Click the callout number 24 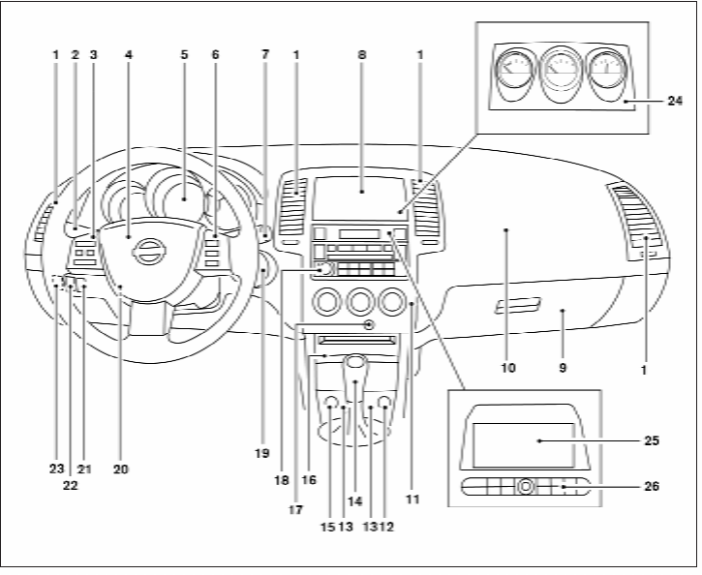click(x=675, y=101)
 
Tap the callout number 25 click(x=652, y=440)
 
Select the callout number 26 click(x=652, y=486)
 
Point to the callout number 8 click(x=362, y=54)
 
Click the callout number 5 click(x=184, y=54)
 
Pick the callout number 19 click(x=262, y=453)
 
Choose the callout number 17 click(x=295, y=510)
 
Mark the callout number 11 click(x=412, y=499)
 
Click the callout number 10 click(x=508, y=368)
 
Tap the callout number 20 click(x=120, y=469)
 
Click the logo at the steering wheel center click(x=147, y=251)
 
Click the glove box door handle click(x=518, y=305)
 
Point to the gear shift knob click(x=355, y=361)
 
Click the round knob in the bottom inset click(x=526, y=486)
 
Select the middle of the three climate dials click(x=360, y=301)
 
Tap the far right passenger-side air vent click(x=635, y=217)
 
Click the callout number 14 click(x=354, y=501)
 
